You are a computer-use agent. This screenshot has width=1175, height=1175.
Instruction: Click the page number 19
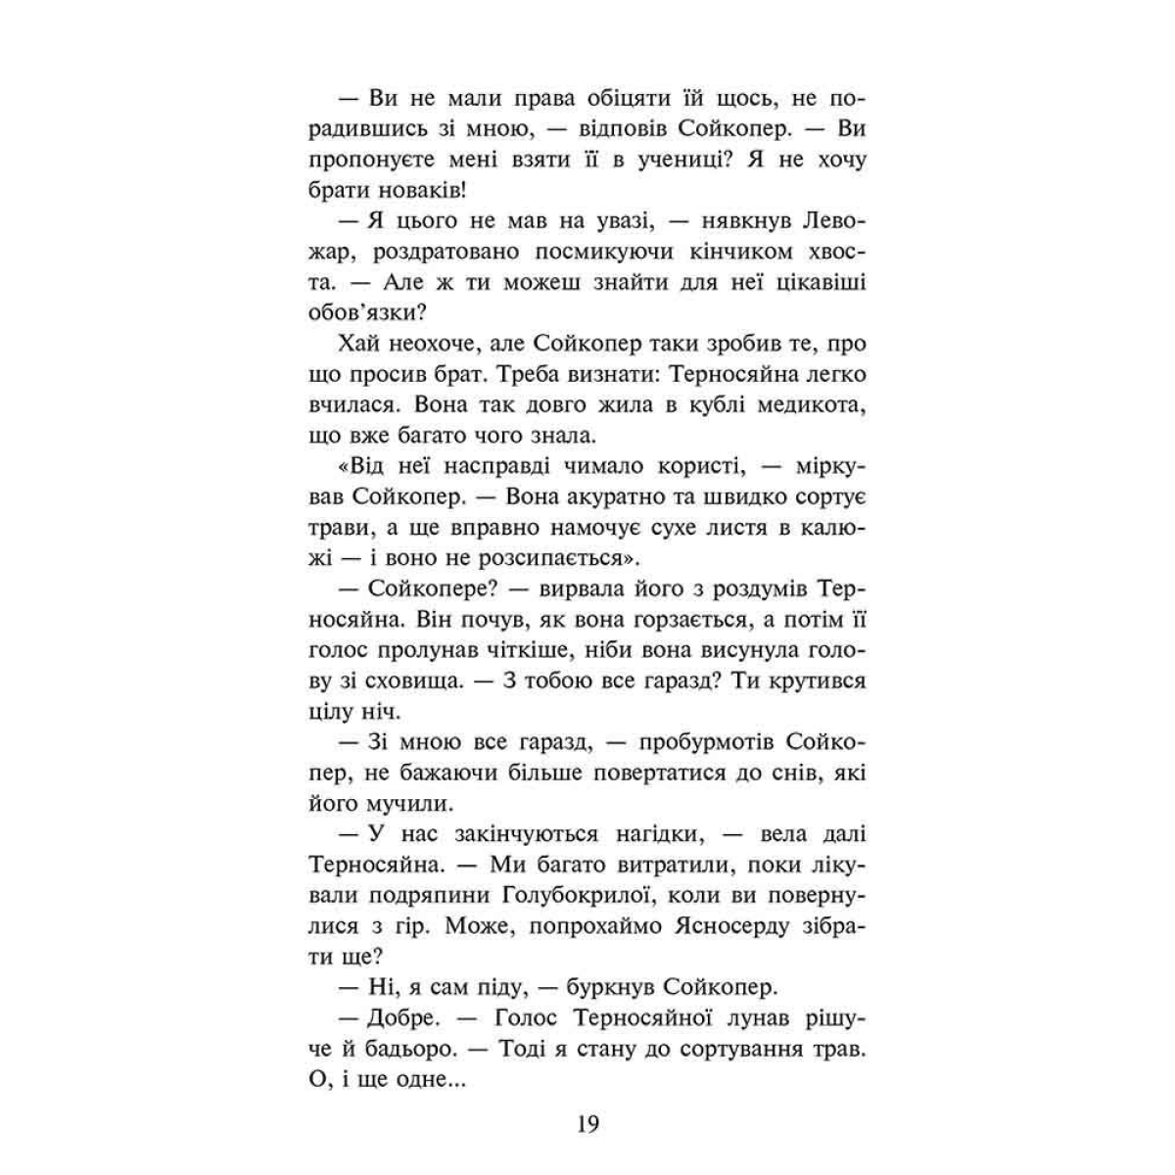click(587, 1124)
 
